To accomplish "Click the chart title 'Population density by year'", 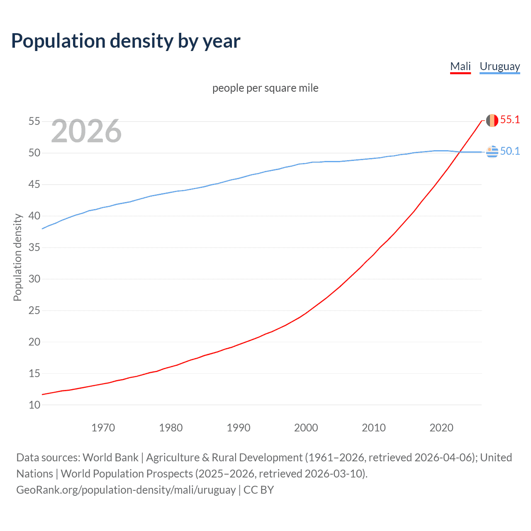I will [x=126, y=41].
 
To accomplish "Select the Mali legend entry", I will [x=460, y=66].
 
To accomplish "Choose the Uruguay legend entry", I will [x=499, y=66].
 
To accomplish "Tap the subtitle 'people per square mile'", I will [x=265, y=88].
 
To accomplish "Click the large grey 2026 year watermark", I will [x=86, y=131].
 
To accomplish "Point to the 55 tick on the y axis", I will [x=34, y=122].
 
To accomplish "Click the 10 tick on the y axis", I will [x=34, y=405].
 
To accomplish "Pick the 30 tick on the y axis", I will [x=34, y=279].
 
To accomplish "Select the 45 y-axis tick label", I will [x=34, y=185].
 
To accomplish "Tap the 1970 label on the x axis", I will [x=103, y=428].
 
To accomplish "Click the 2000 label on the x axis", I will [x=306, y=428].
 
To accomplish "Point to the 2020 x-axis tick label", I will [x=441, y=428].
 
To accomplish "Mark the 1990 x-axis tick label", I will [x=238, y=428].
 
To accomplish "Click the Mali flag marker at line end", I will [x=492, y=120].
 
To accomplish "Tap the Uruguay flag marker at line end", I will [x=492, y=152].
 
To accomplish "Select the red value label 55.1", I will [x=510, y=120].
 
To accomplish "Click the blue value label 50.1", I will [x=510, y=151].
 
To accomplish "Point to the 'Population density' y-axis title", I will [x=17, y=257].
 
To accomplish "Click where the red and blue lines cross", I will [x=459, y=152].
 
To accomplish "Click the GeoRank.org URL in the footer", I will [x=126, y=490].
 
